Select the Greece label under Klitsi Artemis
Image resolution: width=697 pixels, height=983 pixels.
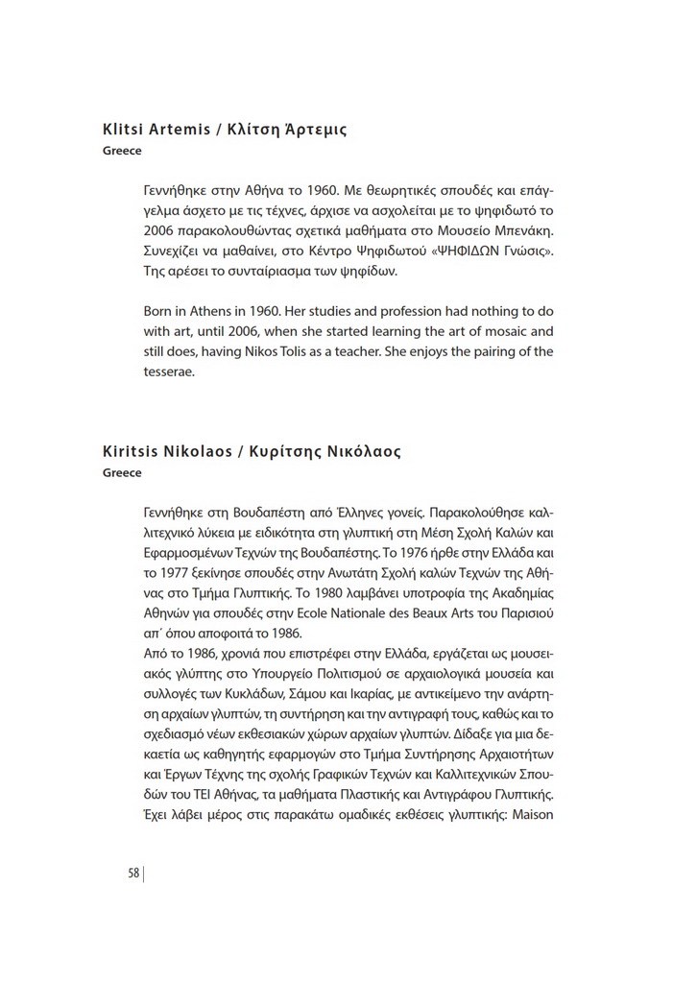[122, 151]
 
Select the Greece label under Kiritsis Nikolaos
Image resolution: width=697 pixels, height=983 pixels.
[122, 472]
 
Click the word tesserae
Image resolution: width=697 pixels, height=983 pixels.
[168, 372]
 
